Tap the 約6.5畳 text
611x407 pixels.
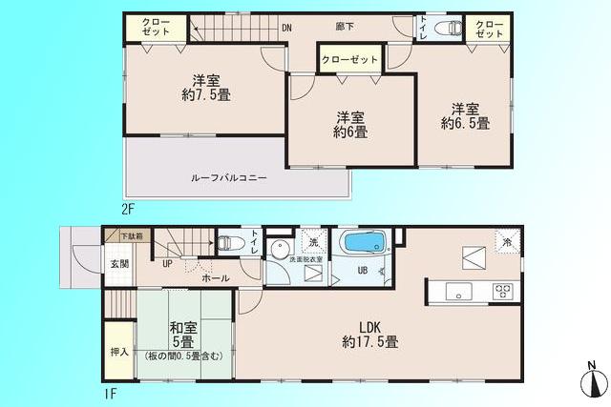[465, 123]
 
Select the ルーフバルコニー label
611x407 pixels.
[228, 178]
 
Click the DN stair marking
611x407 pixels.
[286, 29]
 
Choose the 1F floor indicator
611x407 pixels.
[111, 392]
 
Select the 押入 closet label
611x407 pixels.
[119, 352]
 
